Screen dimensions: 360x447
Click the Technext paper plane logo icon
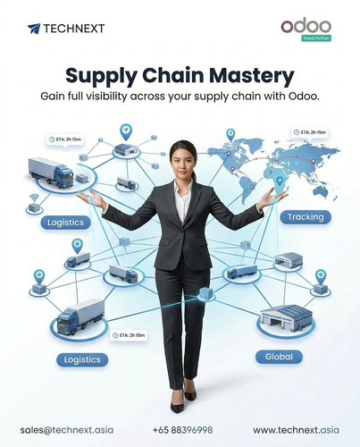(34, 29)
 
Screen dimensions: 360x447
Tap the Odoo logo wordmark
(306, 27)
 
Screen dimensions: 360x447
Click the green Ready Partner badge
(316, 38)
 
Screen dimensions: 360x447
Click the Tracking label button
(306, 217)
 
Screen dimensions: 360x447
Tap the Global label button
(279, 357)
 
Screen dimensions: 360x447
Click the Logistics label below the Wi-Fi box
(65, 223)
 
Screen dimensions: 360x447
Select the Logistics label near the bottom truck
(82, 359)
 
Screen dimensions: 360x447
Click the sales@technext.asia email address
(67, 430)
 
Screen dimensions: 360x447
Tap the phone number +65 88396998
(182, 430)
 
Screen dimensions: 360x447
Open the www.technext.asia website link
(296, 430)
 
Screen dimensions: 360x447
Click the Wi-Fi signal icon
(35, 198)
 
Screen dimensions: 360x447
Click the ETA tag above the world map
(310, 132)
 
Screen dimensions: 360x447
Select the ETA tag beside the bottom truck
(129, 335)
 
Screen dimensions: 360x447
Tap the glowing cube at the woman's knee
(206, 293)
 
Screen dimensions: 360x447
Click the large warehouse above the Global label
(286, 318)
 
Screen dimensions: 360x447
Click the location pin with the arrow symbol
(126, 132)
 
